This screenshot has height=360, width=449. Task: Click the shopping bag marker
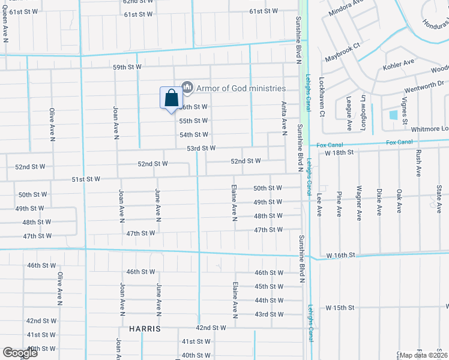coord(171,98)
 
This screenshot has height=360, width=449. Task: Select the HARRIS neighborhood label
coord(145,329)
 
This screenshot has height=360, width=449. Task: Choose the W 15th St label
coord(340,308)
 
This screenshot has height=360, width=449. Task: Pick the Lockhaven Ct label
coord(322,97)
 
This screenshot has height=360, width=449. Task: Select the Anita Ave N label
coord(284,117)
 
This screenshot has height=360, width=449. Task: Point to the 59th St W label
coord(127,67)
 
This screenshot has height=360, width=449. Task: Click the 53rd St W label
coord(201,148)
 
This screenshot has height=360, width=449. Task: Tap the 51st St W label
coord(86,179)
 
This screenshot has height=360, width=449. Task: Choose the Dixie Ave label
coord(379,202)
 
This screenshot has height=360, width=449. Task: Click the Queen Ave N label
coord(4,28)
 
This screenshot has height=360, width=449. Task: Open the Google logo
coord(20,353)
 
